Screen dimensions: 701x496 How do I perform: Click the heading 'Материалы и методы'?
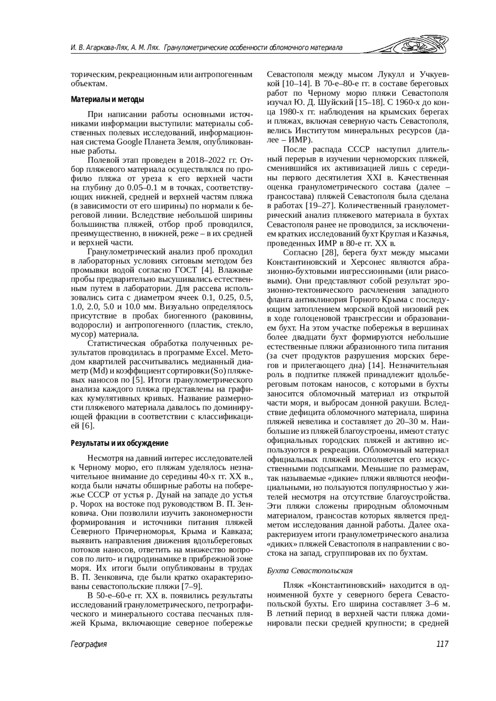pos(107,100)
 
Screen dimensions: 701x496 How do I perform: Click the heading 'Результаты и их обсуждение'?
pos(119,443)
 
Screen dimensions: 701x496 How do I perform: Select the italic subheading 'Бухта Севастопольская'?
pos(310,570)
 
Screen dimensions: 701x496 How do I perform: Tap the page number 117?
pos(442,644)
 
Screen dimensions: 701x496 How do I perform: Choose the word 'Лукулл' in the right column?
pos(391,75)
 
